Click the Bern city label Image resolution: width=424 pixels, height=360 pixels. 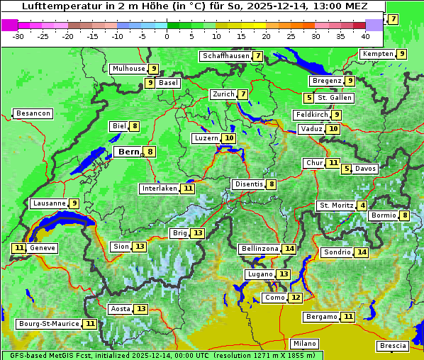coord(129,152)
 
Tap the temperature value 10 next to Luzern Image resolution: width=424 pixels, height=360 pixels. coord(228,138)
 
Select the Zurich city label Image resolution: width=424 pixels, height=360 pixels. coord(223,94)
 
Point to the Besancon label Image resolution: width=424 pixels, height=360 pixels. coord(33,113)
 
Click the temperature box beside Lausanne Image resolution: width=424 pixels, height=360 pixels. coord(74,203)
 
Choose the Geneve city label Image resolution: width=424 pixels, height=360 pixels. coord(43,248)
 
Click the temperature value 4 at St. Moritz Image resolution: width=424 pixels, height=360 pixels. coord(363,206)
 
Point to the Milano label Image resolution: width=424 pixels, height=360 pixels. coord(305,343)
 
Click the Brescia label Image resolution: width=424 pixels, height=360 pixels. coord(393,346)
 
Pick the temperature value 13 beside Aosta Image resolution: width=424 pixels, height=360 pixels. coord(141,309)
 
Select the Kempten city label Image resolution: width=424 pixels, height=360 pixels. coord(377,54)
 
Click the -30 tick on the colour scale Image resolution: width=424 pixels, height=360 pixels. coord(18,35)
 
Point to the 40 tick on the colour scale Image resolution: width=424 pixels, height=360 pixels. coord(365,35)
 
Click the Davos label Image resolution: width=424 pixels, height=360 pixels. coord(366,169)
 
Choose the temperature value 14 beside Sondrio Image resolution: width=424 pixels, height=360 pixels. coord(362,252)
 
